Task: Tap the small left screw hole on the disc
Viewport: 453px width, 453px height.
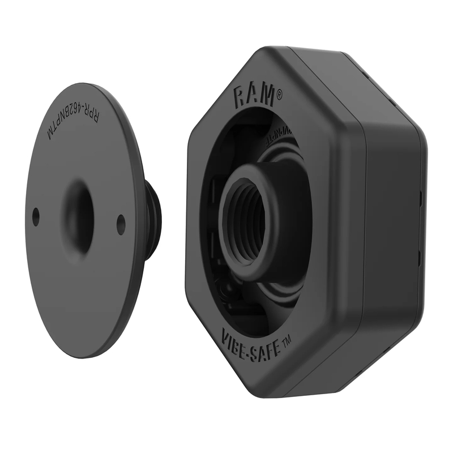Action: click(36, 216)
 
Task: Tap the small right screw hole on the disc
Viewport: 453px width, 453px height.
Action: click(121, 224)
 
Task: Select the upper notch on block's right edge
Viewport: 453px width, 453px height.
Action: click(421, 198)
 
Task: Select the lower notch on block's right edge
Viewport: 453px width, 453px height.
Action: click(420, 258)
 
